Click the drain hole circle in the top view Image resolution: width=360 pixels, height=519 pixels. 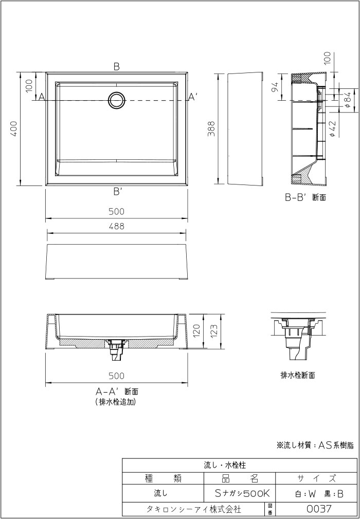pos(117,100)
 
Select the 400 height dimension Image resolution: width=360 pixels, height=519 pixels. pos(15,128)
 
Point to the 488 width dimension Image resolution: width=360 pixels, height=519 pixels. pos(117,226)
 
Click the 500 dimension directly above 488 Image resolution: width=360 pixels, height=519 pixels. pos(117,212)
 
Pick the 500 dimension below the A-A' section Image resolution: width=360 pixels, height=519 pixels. pos(117,376)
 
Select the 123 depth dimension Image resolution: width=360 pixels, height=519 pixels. pos(215,331)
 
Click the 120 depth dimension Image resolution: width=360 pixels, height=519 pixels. pos(195,331)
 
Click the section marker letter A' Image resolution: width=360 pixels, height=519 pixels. pos(192,97)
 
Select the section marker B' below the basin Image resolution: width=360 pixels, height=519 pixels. pos(117,192)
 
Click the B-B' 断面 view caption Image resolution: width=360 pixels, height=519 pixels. pos(305,196)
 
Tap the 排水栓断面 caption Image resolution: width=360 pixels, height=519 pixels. pos(297,375)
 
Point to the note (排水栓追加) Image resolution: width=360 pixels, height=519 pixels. pos(116,402)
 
